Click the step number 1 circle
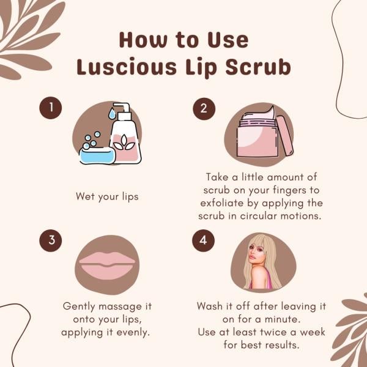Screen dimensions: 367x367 (51, 108)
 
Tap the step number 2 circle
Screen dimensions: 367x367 (204, 108)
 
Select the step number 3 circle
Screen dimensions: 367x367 (51, 240)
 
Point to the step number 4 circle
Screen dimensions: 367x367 (204, 240)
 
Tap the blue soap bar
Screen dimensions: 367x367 (97, 155)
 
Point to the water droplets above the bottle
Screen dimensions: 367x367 (112, 114)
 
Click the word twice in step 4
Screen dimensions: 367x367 (281, 332)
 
